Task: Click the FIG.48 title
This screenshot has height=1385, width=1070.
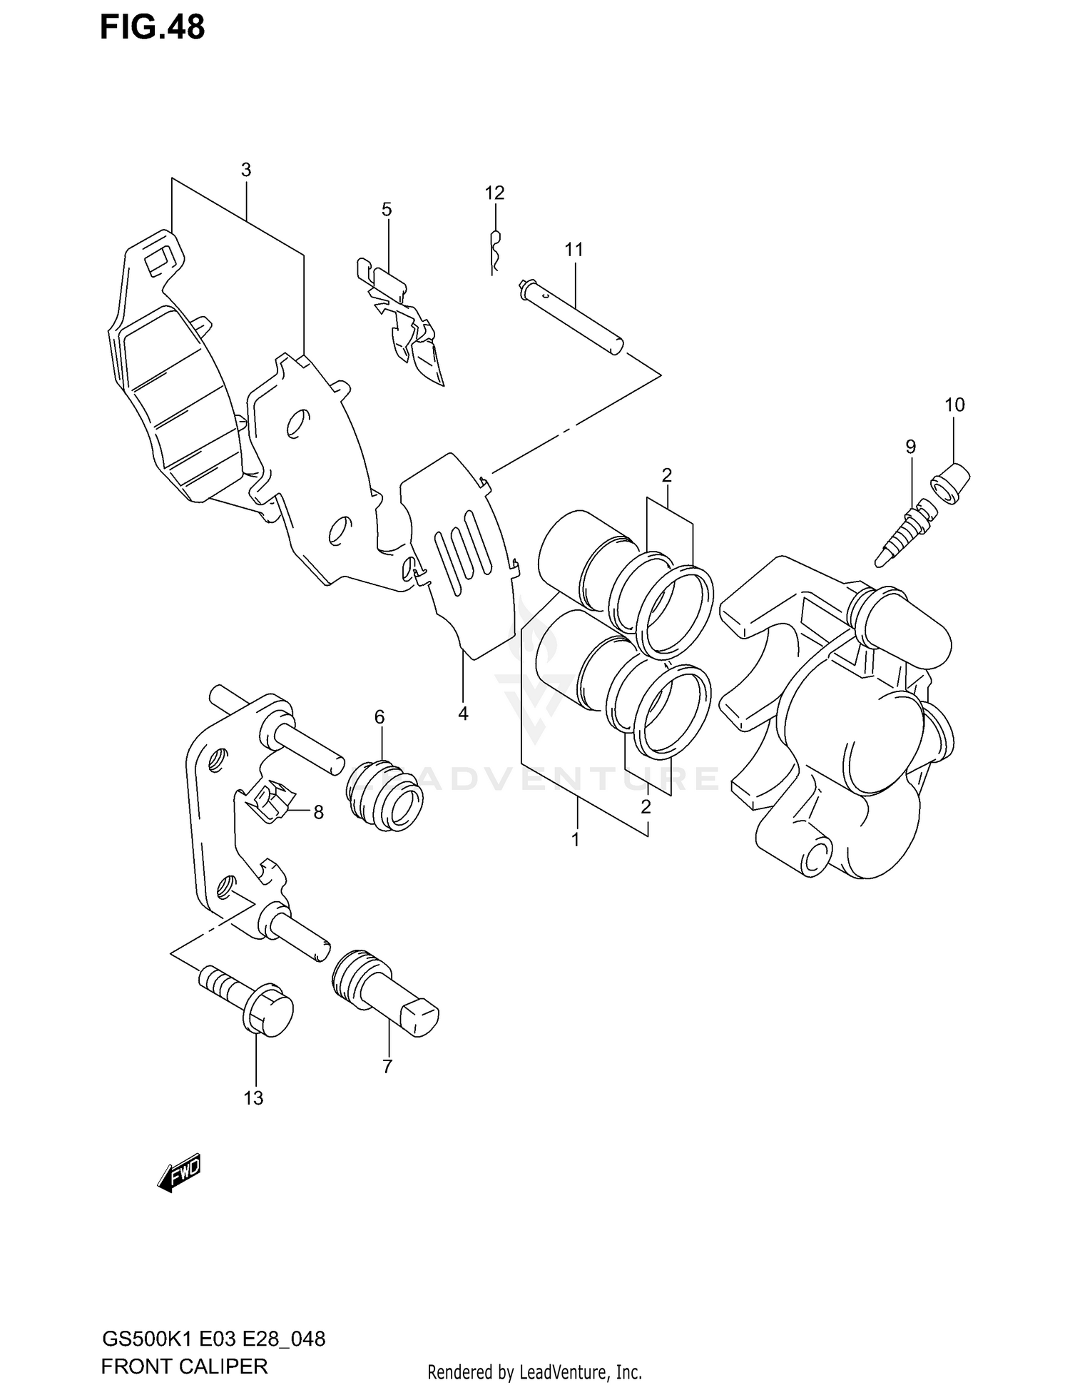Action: click(152, 27)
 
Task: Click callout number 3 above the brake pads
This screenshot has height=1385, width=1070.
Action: click(245, 170)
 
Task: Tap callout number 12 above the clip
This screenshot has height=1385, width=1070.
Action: click(494, 193)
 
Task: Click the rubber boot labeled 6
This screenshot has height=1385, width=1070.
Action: click(385, 797)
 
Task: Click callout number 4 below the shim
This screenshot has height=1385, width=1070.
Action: click(463, 713)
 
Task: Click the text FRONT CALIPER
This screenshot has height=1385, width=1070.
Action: click(184, 1366)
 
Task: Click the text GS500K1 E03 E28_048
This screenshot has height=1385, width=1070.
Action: click(213, 1339)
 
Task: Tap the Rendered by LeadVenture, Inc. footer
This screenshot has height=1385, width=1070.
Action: click(534, 1371)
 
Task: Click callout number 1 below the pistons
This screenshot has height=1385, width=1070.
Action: click(575, 840)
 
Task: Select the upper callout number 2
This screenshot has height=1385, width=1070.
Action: click(666, 475)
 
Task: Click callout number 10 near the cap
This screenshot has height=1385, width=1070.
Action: click(954, 405)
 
